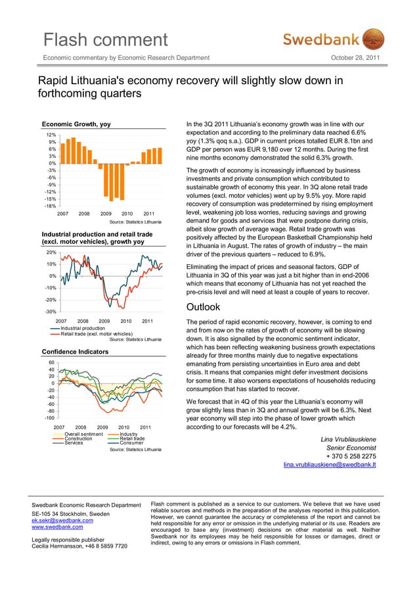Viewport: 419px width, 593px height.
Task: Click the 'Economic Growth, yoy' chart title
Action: (x=76, y=124)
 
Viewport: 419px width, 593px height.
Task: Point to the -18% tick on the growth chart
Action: (x=50, y=206)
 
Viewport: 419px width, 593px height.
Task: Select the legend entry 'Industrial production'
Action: (x=82, y=328)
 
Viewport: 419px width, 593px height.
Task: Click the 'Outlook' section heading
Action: (x=204, y=307)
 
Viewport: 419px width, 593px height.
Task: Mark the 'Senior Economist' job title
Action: (x=351, y=448)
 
